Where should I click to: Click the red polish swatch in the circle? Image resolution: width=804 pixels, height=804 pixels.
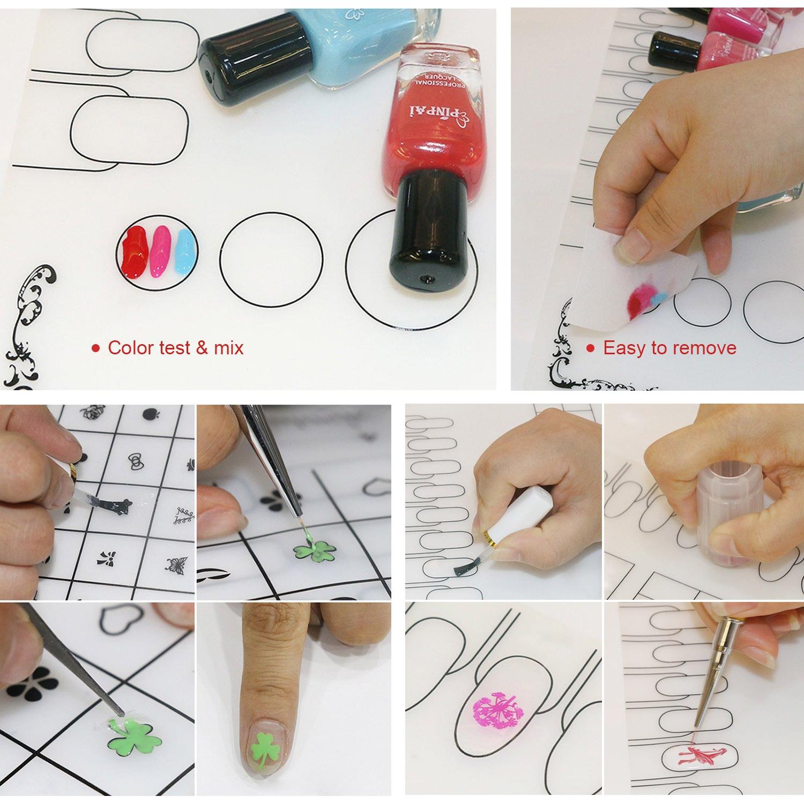click(135, 251)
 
